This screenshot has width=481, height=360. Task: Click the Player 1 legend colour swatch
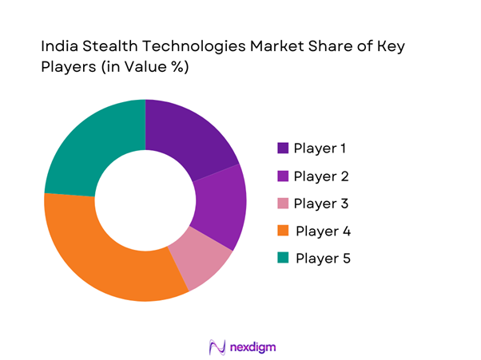coord(283,148)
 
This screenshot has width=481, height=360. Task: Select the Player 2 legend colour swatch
coord(283,176)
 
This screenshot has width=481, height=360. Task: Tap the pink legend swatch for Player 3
coord(283,204)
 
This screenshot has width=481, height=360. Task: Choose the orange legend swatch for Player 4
coord(283,231)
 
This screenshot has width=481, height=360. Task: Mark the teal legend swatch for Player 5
coord(283,259)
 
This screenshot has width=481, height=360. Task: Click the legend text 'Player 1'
coord(321,148)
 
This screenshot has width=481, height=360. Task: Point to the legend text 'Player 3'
coord(321,204)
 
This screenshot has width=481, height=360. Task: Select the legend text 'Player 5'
coord(323,259)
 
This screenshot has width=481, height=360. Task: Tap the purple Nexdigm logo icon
coord(216,347)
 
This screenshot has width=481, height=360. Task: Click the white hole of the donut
coord(145,200)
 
